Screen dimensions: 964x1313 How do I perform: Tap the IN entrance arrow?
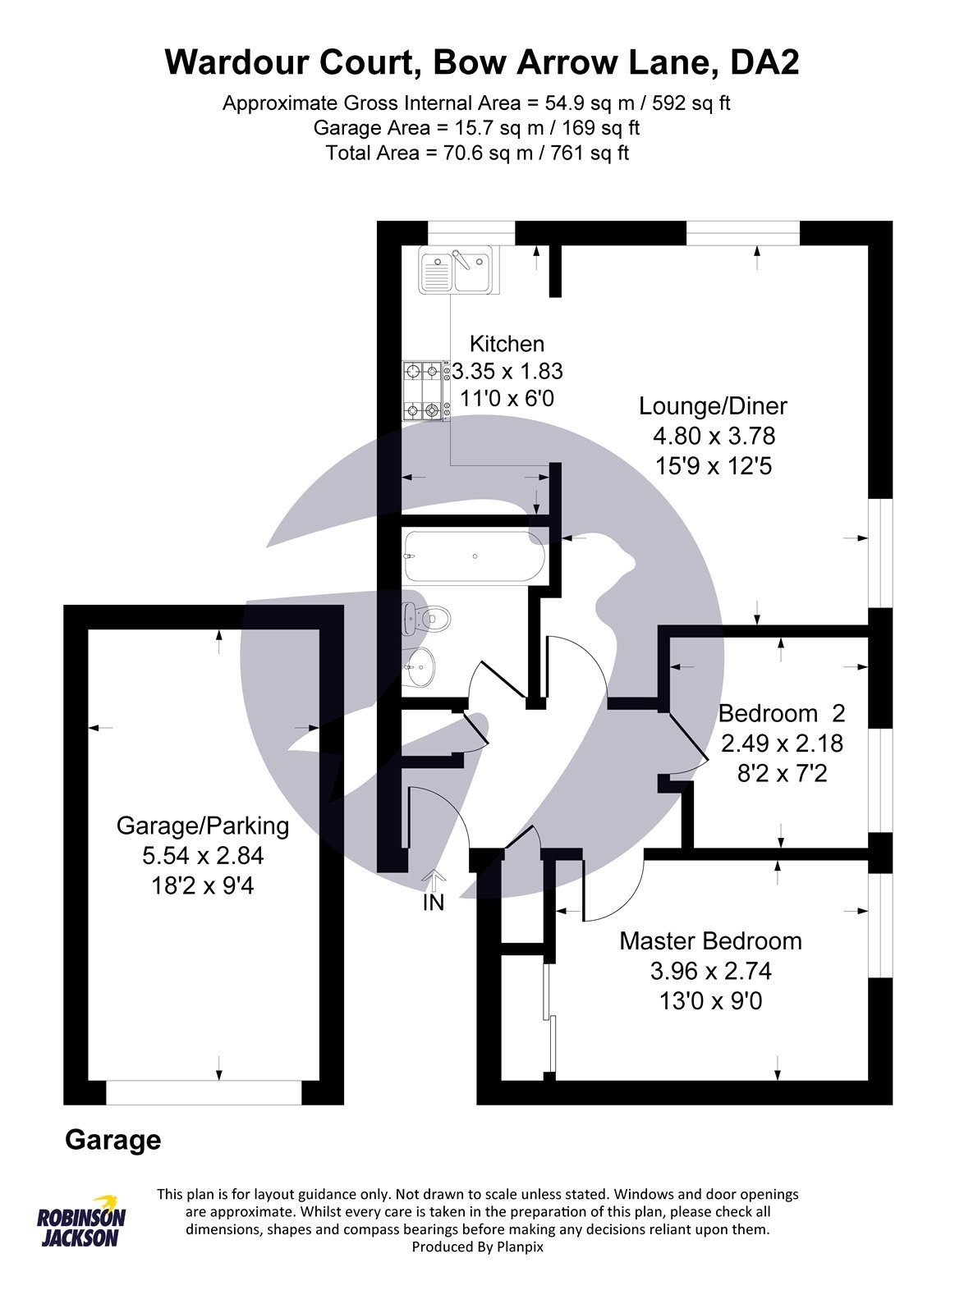point(434,877)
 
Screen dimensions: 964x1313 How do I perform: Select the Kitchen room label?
point(507,344)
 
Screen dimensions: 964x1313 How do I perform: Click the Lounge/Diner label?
point(713,405)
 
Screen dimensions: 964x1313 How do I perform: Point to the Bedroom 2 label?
point(782,713)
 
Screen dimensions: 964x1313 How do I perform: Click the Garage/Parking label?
point(203,826)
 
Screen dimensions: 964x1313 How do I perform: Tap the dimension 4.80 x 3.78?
point(714,436)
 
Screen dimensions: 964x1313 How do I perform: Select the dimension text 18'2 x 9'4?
point(203,885)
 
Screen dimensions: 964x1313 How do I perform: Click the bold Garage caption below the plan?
point(113,1140)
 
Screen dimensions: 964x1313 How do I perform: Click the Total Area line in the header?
point(477,153)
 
